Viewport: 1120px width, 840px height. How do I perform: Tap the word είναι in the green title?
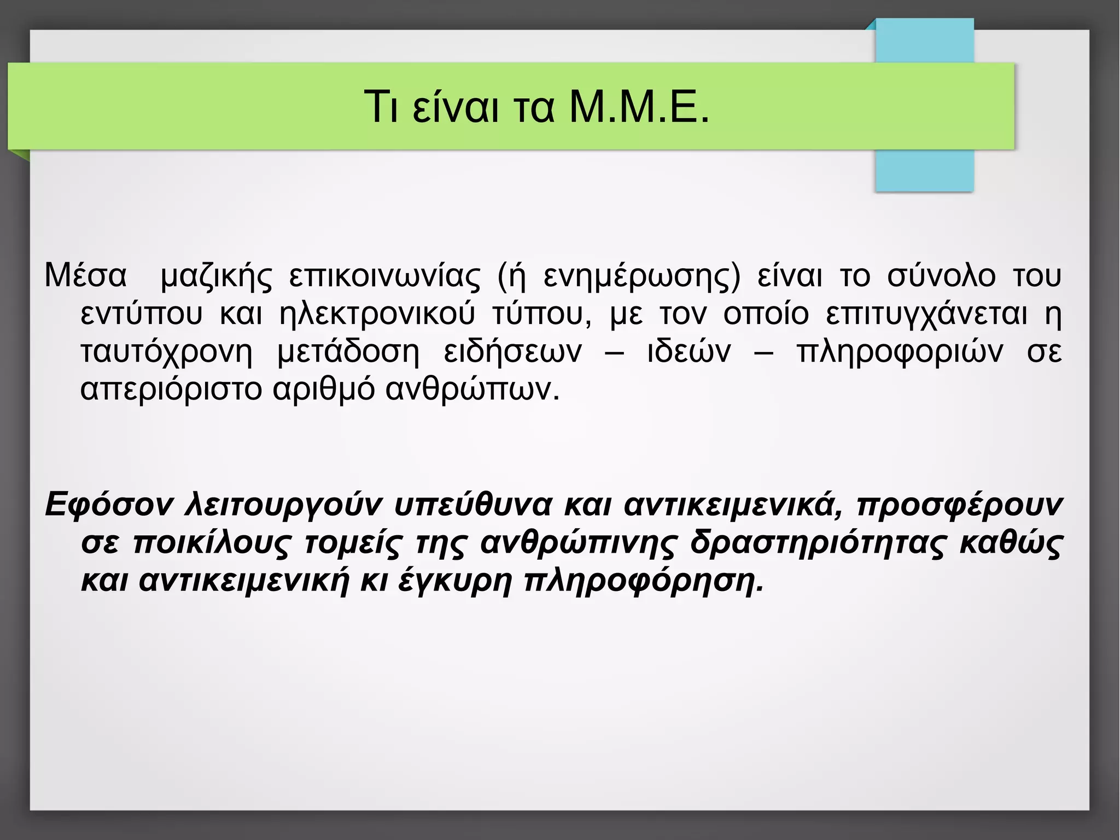pyautogui.click(x=456, y=107)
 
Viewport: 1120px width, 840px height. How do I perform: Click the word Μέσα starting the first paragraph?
pyautogui.click(x=85, y=275)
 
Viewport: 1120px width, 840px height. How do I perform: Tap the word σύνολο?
pyautogui.click(x=941, y=275)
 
